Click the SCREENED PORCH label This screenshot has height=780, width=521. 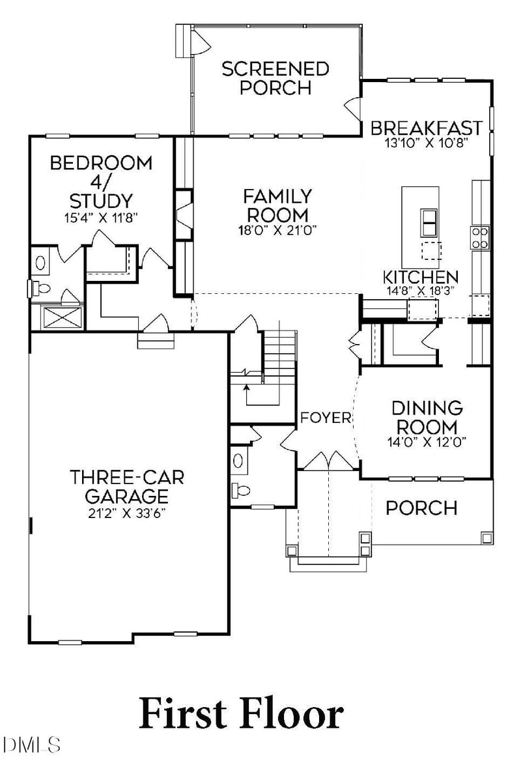coord(275,78)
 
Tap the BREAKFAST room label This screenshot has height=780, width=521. coord(427,127)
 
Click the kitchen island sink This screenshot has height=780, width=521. coord(429,223)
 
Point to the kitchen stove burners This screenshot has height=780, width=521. coord(480,238)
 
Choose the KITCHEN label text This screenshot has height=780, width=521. coord(420,277)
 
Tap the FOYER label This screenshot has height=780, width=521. coord(326,418)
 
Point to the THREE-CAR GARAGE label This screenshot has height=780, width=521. coord(127,485)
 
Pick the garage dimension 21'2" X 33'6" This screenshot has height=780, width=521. coord(127,512)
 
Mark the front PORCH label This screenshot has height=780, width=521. coord(421,508)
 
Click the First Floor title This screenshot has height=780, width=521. coord(241,714)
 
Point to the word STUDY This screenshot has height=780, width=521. coord(101,200)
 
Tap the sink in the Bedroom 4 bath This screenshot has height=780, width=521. coord(41,263)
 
